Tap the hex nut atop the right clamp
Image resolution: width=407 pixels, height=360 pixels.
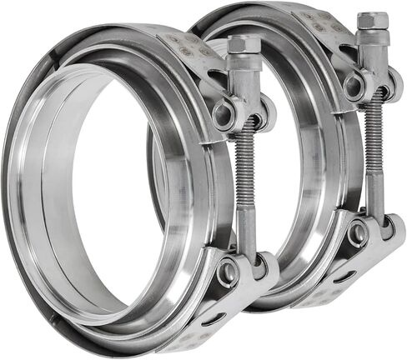tap(372, 21)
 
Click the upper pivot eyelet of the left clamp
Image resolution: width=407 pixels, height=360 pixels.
tap(224, 115)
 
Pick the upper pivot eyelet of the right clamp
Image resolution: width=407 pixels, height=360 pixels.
tap(354, 86)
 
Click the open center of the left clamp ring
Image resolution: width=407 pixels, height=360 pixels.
tap(108, 200)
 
